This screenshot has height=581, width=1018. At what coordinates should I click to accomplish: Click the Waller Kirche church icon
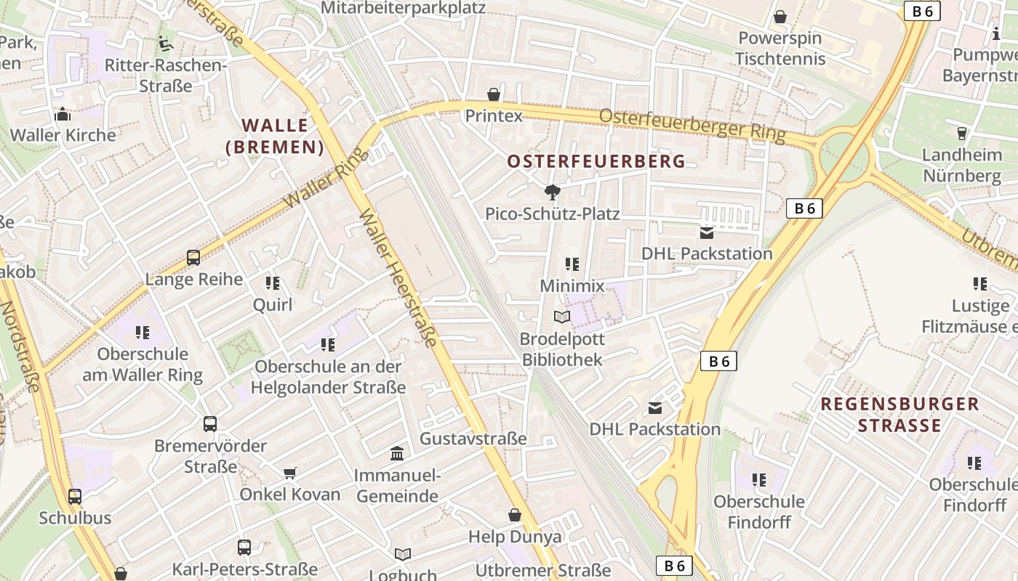[x=63, y=114]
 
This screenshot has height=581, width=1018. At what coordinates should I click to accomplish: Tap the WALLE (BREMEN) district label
[x=275, y=136]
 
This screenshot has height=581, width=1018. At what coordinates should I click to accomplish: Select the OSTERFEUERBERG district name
[x=596, y=161]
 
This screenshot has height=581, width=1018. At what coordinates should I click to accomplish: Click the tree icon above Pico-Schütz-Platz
[x=553, y=192]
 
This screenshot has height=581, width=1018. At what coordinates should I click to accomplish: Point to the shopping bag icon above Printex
[x=494, y=94]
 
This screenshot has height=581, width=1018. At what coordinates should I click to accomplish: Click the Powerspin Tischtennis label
[x=780, y=48]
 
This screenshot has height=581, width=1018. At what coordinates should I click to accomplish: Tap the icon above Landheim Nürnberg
[x=962, y=134]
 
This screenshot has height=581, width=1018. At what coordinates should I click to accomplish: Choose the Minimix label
[x=572, y=285]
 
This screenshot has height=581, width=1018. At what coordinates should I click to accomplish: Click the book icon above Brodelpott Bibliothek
[x=562, y=317]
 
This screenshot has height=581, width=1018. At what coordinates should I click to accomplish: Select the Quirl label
[x=273, y=304]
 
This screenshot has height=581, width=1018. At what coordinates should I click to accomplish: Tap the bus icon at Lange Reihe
[x=193, y=258]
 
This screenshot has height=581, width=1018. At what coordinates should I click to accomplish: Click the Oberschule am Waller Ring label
[x=143, y=365]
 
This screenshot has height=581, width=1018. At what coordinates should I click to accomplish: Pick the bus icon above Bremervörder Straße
[x=210, y=424]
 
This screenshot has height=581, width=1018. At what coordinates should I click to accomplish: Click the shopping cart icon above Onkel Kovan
[x=290, y=474]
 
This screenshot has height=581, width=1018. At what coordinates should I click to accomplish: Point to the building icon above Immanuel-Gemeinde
[x=397, y=454]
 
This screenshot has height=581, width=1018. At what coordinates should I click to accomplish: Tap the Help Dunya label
[x=515, y=537]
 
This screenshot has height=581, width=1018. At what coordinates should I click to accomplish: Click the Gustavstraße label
[x=473, y=438]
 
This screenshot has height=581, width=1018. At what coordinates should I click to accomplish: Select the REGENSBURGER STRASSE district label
[x=900, y=414]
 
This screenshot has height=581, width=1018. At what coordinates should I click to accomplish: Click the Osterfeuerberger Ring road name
[x=692, y=125]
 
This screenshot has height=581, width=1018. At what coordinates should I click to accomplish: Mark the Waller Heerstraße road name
[x=399, y=279]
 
